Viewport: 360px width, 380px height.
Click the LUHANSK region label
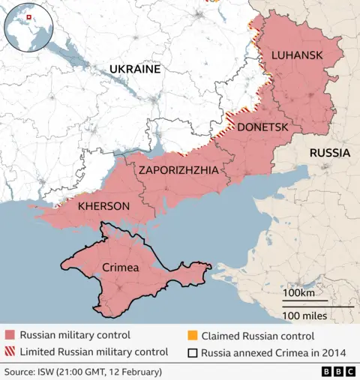297,55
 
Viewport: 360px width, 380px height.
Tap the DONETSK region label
262,127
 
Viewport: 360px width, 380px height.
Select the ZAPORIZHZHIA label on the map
178,171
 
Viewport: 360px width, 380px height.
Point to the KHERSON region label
103,205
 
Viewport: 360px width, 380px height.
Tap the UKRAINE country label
135,69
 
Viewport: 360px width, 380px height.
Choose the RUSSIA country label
329,153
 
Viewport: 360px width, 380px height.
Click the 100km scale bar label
298,292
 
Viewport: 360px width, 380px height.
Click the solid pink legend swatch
10,336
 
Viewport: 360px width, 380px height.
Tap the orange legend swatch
192,336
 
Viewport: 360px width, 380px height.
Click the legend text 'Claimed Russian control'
257,336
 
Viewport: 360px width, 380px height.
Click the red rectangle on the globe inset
28,16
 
